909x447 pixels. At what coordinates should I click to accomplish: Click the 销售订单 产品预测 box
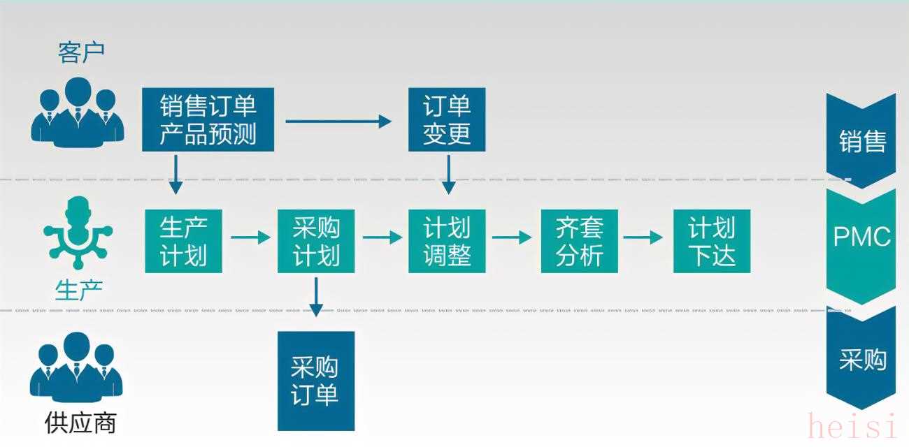pos(208,119)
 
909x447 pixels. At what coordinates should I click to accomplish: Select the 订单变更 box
pos(447,119)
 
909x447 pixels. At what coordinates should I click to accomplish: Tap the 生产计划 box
pos(183,241)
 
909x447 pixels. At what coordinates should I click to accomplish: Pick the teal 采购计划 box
pos(315,241)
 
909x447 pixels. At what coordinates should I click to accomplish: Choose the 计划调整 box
pos(447,241)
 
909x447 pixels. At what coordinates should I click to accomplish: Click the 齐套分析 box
pos(579,241)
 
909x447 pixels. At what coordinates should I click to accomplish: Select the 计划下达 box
pos(711,241)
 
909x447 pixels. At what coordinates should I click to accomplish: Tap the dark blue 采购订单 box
pos(315,381)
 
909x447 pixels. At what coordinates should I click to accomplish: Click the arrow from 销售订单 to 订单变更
pos(338,121)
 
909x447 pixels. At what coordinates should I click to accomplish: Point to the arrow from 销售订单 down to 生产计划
pos(176,174)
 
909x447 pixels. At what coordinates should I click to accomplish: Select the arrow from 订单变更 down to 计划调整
pos(448,174)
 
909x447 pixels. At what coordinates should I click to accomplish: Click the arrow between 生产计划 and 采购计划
pos(250,238)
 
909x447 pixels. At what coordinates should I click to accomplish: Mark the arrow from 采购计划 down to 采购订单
pos(316,297)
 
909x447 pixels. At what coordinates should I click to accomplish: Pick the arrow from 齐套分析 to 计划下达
pos(643,238)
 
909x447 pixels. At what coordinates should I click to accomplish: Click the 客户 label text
pos(81,52)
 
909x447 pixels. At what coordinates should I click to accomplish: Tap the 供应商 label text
pos(80,423)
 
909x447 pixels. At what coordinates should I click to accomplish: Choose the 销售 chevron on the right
pos(861,140)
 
